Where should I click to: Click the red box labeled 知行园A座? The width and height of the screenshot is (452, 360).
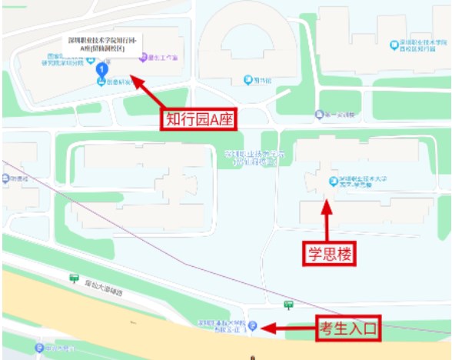(x=199, y=118)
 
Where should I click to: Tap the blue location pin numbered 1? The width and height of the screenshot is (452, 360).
(x=101, y=70)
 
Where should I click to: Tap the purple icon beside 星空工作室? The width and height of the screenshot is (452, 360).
(x=142, y=57)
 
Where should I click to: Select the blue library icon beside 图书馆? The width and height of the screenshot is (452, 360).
(x=247, y=79)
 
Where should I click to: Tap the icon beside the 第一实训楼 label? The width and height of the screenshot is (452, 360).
(x=319, y=116)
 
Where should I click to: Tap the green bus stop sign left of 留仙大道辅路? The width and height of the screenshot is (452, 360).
(x=74, y=278)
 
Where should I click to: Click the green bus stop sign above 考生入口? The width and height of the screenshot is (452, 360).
(x=288, y=305)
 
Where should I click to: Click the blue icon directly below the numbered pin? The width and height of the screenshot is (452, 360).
(x=101, y=82)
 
